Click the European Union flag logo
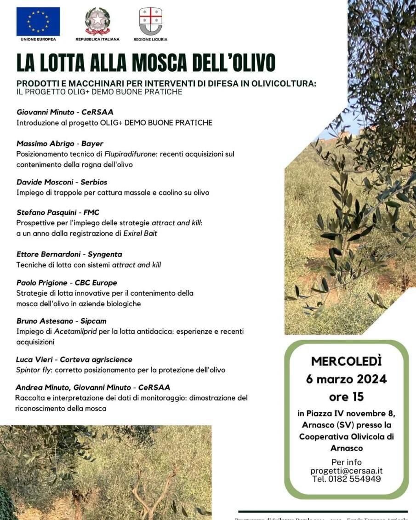pos(38,22)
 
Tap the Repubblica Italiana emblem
pos(97,21)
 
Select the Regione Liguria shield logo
pos(150,21)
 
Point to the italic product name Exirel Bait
pos(140,233)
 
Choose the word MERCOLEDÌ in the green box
pos(346,361)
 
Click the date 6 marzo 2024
pos(346,379)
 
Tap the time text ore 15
pos(346,396)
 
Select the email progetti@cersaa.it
pos(346,470)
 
